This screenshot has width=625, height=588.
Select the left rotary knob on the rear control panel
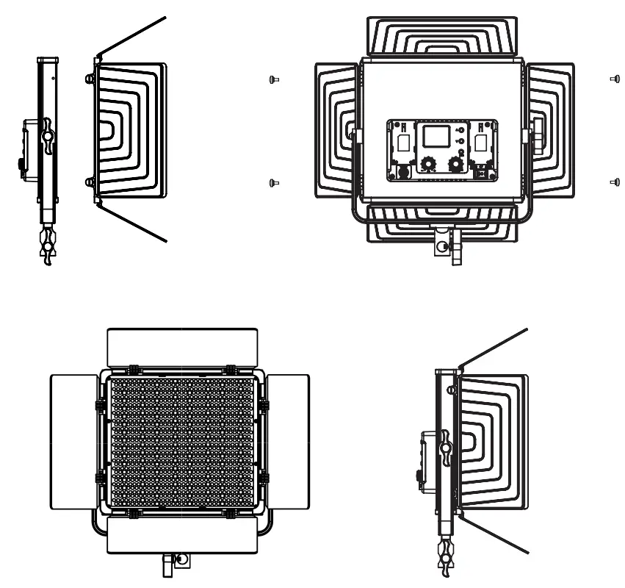(427, 163)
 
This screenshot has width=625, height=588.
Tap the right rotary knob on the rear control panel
(456, 163)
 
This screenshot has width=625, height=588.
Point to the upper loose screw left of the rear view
(273, 79)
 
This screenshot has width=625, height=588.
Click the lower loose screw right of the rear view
(615, 182)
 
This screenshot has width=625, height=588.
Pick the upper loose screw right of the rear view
(615, 78)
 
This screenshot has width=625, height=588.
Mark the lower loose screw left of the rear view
(273, 182)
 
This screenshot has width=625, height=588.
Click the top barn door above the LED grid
(182, 346)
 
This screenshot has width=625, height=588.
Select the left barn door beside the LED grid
(73, 441)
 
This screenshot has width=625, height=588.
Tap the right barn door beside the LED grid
(288, 441)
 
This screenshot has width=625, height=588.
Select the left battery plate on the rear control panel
(402, 143)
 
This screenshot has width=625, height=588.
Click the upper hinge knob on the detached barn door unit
(90, 77)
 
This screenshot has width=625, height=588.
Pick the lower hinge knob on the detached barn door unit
(90, 182)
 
